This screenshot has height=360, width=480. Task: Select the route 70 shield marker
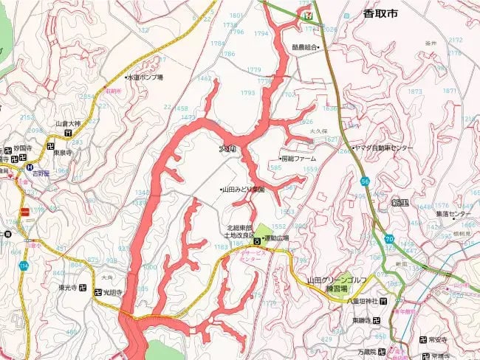point(389,239)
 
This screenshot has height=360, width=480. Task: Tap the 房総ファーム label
point(299,159)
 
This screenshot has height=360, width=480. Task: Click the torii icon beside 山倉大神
point(68,134)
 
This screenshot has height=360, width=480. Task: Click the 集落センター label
point(452,214)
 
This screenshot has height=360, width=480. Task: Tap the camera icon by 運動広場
point(256,240)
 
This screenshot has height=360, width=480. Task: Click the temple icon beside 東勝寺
point(377,320)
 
